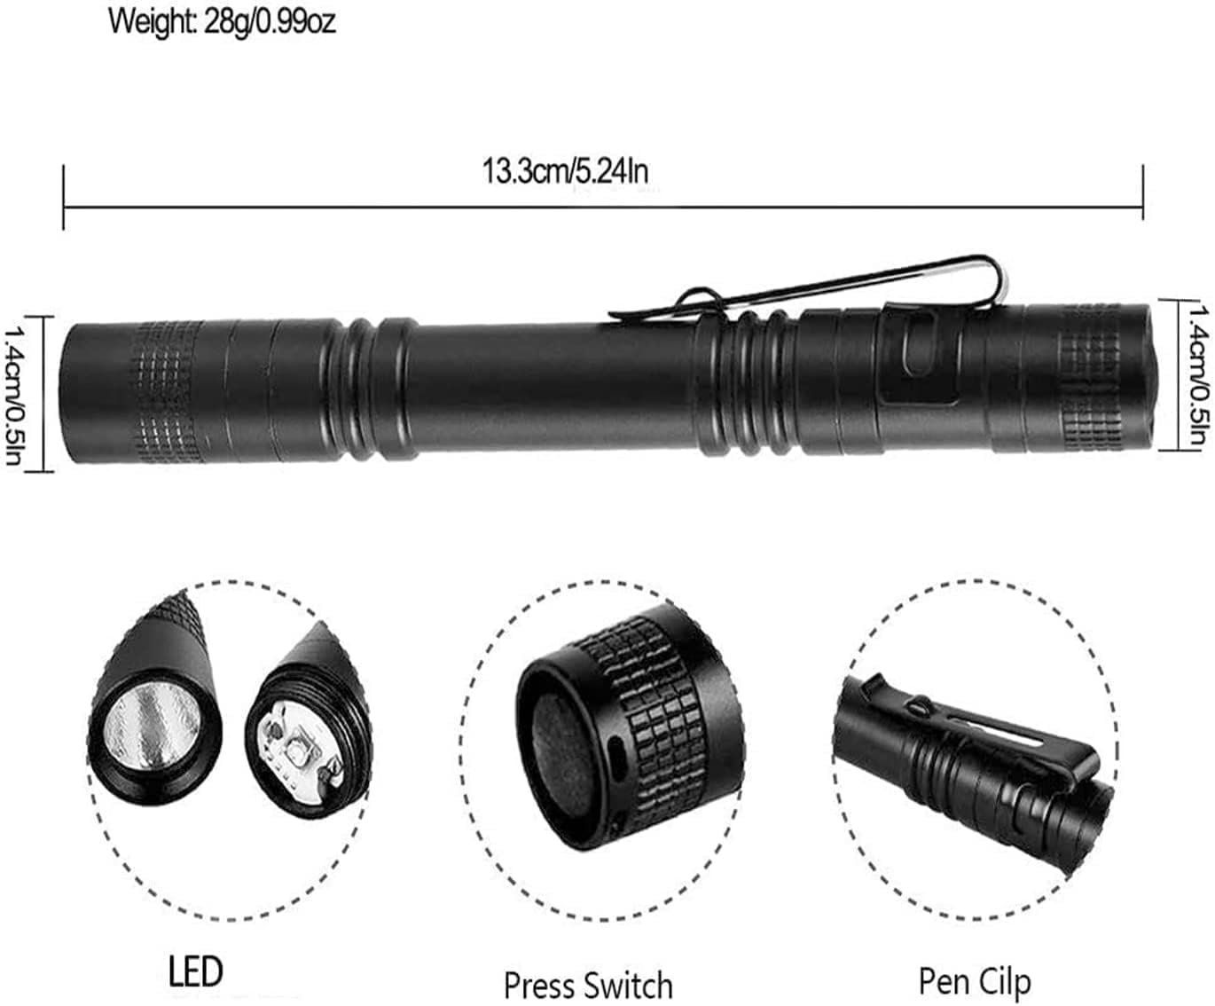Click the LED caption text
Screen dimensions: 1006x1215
tap(196, 972)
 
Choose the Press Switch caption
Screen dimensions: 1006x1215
tap(588, 985)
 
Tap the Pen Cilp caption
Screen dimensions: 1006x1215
tap(975, 981)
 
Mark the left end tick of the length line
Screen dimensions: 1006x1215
tap(64, 197)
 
